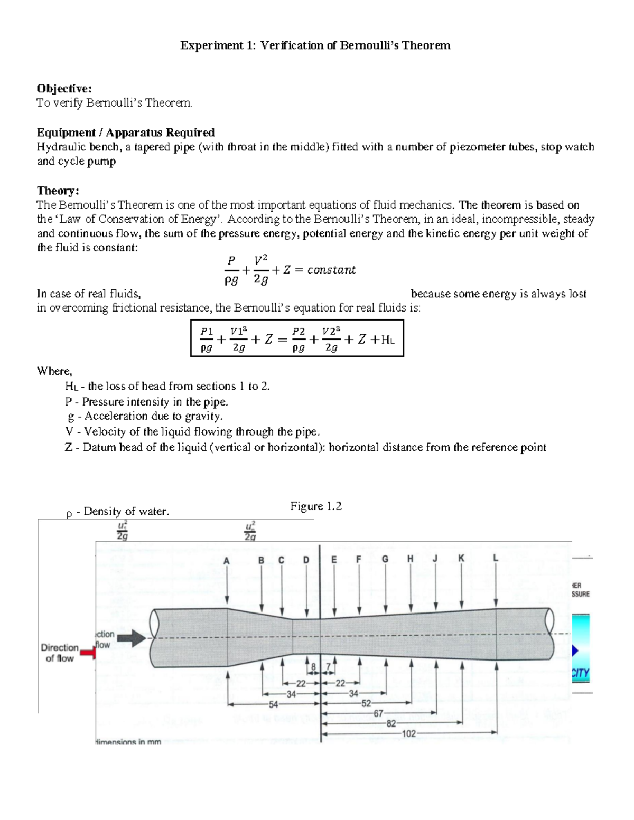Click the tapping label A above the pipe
227,561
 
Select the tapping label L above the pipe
495,558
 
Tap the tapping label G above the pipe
385,559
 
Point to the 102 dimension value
408,733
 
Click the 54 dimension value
273,704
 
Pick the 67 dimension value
378,713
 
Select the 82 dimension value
391,723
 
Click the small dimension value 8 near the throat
313,667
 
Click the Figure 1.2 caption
315,506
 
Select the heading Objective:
64,88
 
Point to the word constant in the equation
331,270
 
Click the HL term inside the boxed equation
387,340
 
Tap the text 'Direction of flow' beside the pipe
60,653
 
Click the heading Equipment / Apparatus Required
125,132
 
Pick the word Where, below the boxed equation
54,371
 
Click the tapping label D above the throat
306,560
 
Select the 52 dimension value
366,703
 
